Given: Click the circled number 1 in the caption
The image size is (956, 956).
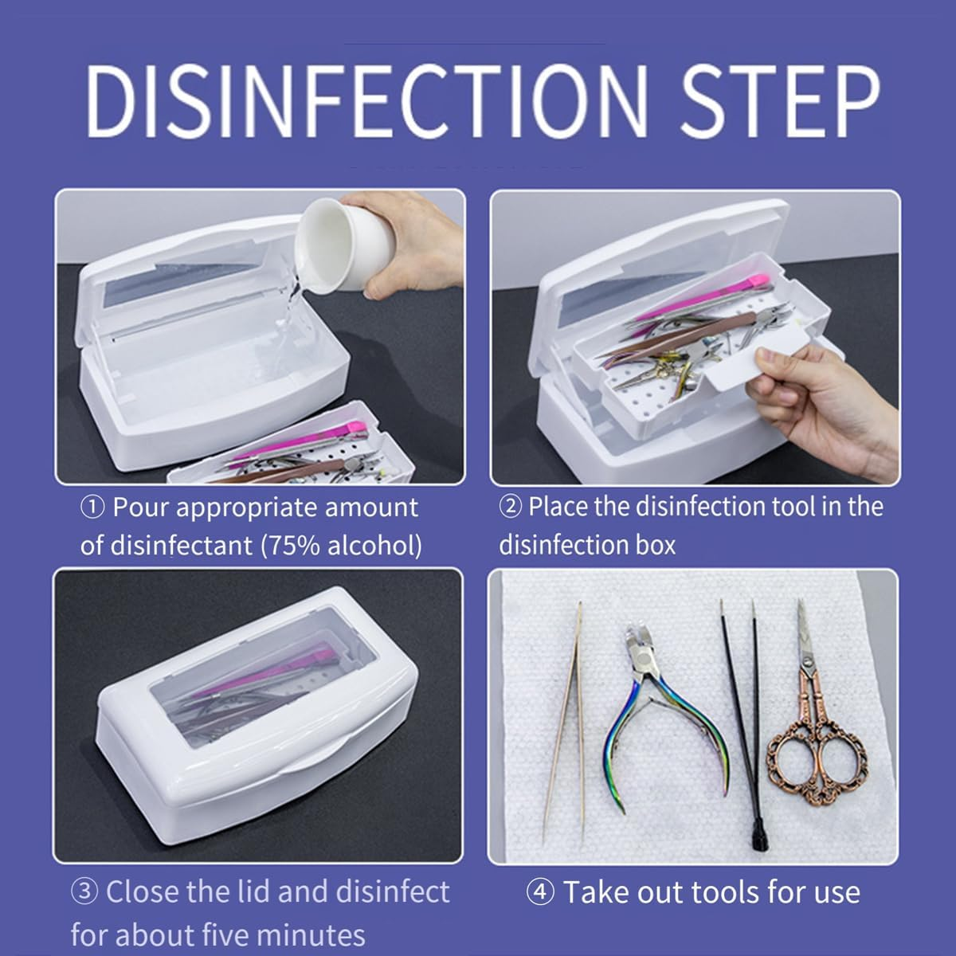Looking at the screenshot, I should tap(92, 507).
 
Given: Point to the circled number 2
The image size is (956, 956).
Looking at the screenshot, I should tap(510, 507).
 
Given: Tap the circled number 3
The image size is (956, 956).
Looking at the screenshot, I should tap(84, 891).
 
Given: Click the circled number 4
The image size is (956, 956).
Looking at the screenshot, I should tap(540, 892).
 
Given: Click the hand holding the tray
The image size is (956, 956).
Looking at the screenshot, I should tap(805, 414).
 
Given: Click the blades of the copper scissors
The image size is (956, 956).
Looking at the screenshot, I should tap(805, 637).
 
